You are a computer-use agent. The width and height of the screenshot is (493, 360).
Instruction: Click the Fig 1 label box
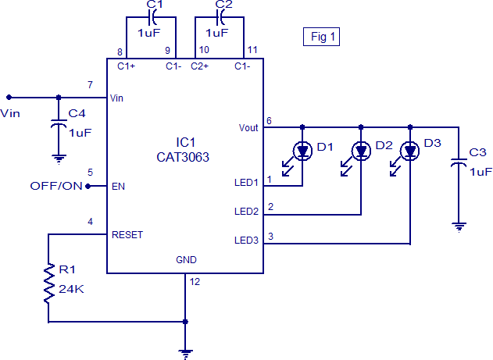coord(321,36)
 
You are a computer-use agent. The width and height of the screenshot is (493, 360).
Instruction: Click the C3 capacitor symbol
coord(459,165)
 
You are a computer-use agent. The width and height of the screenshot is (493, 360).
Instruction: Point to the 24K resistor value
coord(70,288)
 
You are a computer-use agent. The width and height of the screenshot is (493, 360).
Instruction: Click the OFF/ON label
coord(55,186)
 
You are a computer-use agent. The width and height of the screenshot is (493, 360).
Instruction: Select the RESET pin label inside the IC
coord(127,234)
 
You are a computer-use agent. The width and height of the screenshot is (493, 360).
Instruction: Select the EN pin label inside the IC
coord(118,187)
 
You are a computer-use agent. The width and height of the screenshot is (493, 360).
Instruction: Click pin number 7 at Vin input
coord(90,84)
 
